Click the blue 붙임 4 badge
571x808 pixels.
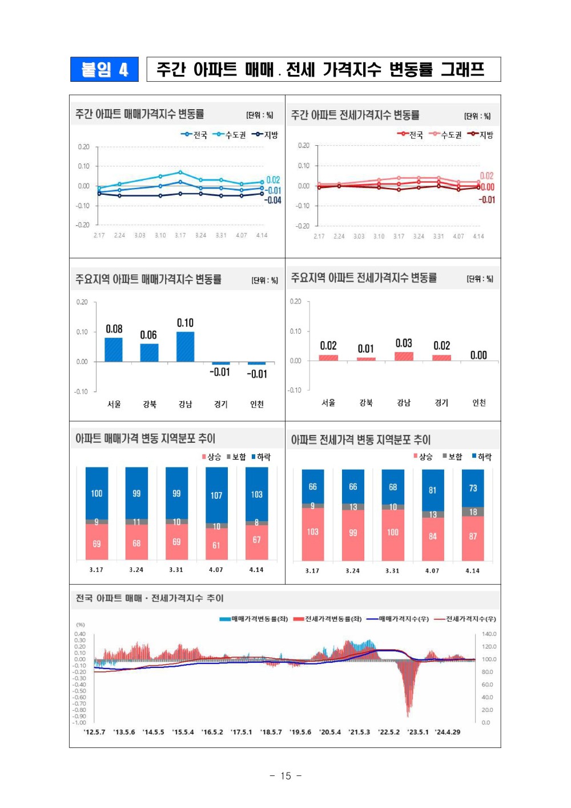104,69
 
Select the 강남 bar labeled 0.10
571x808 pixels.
185,346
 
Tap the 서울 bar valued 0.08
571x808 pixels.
114,349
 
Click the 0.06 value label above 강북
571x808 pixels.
148,335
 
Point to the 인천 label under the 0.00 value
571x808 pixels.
479,403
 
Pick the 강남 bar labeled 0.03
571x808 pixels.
404,356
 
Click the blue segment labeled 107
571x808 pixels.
216,495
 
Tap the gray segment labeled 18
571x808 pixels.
473,512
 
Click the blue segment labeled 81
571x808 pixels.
433,490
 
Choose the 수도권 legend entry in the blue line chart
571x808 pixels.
230,135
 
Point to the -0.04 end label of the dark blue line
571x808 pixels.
274,201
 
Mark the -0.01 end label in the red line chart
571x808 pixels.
487,200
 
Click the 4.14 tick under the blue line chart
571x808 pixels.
262,235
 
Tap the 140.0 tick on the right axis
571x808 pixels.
489,634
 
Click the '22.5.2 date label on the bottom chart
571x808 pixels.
389,732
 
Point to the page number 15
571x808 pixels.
285,775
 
